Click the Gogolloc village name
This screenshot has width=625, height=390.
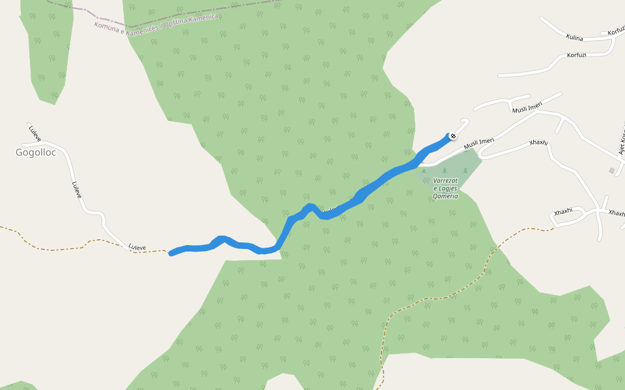(36, 153)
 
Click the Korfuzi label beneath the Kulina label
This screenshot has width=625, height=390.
(576, 55)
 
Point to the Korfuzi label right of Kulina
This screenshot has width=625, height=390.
(615, 32)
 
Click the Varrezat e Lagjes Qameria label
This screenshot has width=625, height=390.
(446, 188)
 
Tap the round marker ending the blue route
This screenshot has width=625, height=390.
(452, 136)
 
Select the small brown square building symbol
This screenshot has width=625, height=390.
(611, 170)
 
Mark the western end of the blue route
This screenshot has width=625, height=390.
(171, 253)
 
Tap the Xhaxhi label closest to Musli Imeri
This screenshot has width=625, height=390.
(538, 142)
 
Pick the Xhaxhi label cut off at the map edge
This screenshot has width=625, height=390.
(617, 213)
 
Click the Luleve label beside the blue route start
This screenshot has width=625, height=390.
(137, 247)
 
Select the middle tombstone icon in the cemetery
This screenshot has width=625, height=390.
(445, 171)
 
